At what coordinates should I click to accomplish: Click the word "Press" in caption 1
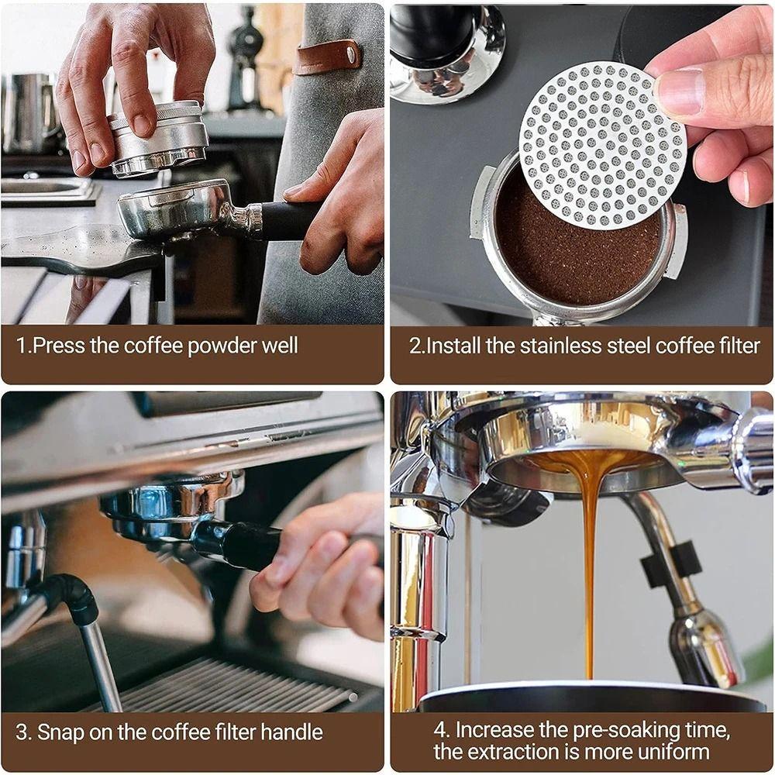tap(60, 345)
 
